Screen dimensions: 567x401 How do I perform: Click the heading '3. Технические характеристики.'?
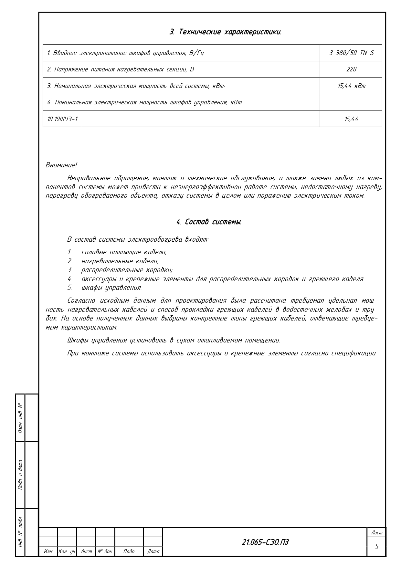point(225,32)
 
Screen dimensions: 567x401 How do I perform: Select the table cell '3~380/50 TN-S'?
point(351,53)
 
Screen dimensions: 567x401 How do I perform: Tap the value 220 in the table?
point(351,69)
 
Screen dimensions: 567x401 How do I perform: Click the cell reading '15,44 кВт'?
point(351,86)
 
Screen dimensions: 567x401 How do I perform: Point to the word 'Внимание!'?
point(61,165)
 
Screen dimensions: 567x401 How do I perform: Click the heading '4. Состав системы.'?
point(209,222)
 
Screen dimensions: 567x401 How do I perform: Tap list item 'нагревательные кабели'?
point(120,261)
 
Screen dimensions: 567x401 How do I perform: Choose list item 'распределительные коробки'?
point(127,270)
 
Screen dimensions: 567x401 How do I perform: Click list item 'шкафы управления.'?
point(111,287)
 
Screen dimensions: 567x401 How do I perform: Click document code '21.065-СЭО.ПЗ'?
point(265,542)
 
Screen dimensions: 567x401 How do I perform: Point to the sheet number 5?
point(376,546)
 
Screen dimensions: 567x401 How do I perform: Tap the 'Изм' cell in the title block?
point(48,551)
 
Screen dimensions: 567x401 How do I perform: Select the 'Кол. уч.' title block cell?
point(67,551)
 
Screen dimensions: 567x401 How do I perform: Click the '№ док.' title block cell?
point(105,551)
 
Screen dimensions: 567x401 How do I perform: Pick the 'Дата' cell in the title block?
point(153,551)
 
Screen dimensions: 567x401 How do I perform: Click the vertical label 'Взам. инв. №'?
point(20,418)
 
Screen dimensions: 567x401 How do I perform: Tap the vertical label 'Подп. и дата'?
point(20,475)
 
